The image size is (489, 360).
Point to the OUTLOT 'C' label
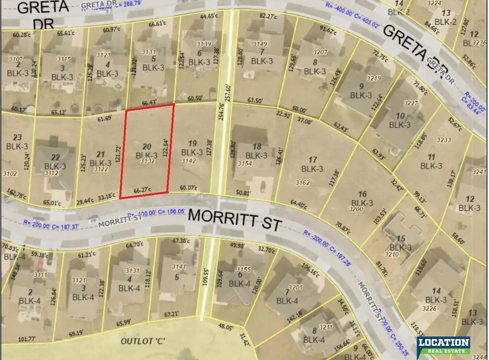pyautogui.click(x=140, y=341)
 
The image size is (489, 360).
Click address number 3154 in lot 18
pyautogui.click(x=245, y=163)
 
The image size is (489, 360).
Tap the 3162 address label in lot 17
pyautogui.click(x=302, y=182)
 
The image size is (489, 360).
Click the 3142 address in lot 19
pyautogui.click(x=189, y=161)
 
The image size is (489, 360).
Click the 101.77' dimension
pyautogui.click(x=28, y=339)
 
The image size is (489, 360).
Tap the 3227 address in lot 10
pyautogui.click(x=411, y=103)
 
